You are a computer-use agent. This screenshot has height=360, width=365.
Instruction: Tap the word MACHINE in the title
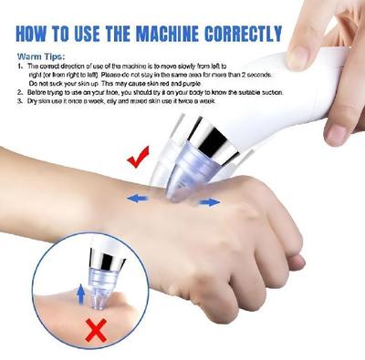(181, 36)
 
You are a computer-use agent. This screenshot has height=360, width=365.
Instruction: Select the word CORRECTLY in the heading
(246, 36)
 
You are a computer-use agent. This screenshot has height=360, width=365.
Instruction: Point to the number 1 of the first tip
(20, 67)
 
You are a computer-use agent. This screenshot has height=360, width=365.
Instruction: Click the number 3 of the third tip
(20, 101)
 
